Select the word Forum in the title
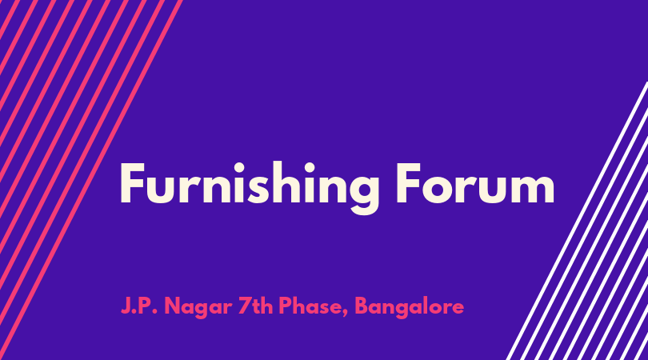475,183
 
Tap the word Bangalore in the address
409,307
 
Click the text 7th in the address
255,306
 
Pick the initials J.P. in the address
139,306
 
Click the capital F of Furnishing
132,183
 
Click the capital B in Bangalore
362,306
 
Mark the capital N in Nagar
173,306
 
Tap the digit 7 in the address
245,306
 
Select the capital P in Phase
285,306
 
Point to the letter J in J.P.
126,306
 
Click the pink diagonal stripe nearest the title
91,180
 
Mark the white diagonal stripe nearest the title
577,221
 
